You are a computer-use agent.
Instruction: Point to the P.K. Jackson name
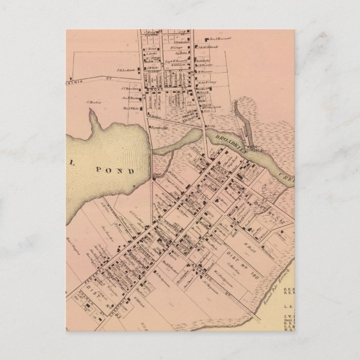(x=125, y=71)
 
